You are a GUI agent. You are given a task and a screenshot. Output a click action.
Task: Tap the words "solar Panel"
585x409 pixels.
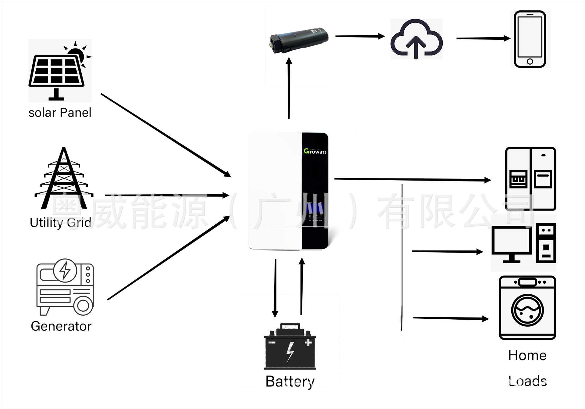pyautogui.click(x=60, y=113)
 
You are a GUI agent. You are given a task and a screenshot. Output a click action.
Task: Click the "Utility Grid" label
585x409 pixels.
pyautogui.click(x=60, y=223)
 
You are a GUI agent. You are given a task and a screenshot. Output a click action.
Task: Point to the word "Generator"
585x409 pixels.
pyautogui.click(x=61, y=326)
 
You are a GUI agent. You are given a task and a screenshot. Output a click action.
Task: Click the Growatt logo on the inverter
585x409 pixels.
pyautogui.click(x=315, y=151)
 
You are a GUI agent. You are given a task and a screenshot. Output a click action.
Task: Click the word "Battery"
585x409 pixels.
pyautogui.click(x=290, y=381)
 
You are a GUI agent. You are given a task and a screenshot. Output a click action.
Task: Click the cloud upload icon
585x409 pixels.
pyautogui.click(x=416, y=39)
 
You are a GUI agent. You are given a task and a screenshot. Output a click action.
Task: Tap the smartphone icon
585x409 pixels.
pyautogui.click(x=530, y=39)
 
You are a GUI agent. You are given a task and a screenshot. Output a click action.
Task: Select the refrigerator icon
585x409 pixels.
pyautogui.click(x=530, y=179)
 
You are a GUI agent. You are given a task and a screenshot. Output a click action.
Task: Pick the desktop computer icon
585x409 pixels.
pyautogui.click(x=524, y=243)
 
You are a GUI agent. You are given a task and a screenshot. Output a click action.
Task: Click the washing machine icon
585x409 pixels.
pyautogui.click(x=527, y=308)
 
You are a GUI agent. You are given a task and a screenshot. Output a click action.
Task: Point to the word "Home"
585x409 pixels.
pyautogui.click(x=527, y=356)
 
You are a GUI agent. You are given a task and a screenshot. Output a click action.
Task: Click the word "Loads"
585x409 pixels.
pyautogui.click(x=527, y=381)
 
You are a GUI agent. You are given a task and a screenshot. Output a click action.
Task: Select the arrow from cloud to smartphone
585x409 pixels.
pyautogui.click(x=483, y=38)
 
